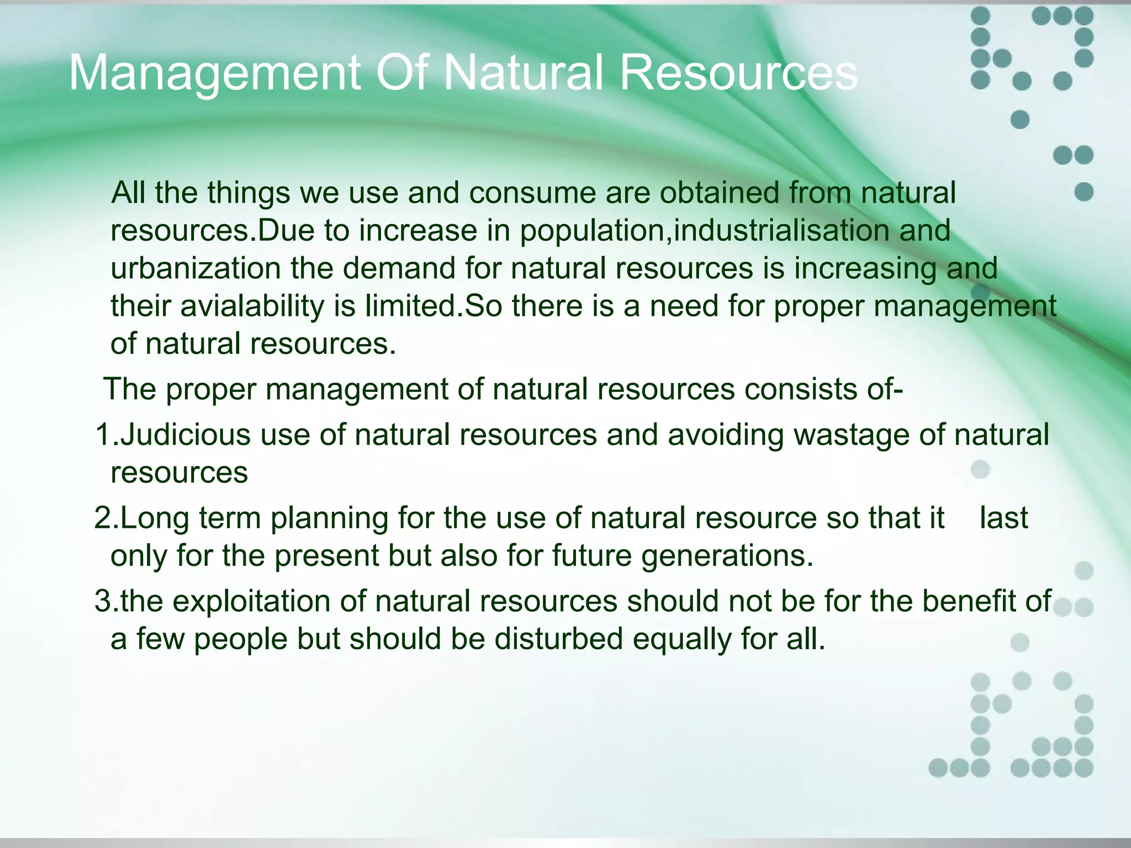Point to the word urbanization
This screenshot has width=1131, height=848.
[195, 268]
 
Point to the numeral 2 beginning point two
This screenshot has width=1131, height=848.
[103, 518]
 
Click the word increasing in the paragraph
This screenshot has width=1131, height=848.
[865, 269]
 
